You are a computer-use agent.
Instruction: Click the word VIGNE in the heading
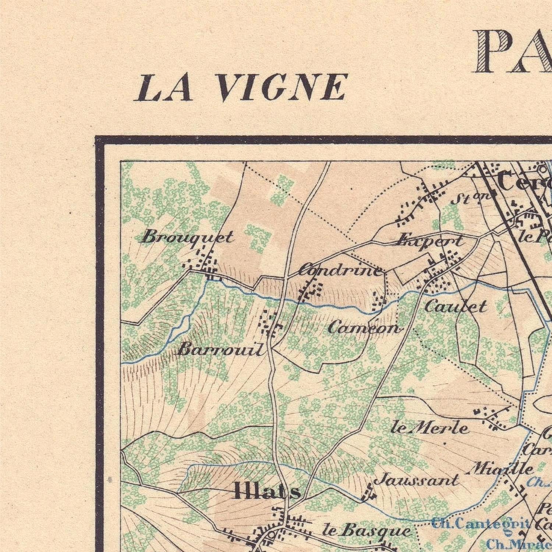(x=282, y=88)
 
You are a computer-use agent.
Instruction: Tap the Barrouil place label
(x=221, y=349)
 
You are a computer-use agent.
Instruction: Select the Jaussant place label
(x=416, y=480)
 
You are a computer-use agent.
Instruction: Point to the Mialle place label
(x=502, y=468)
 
